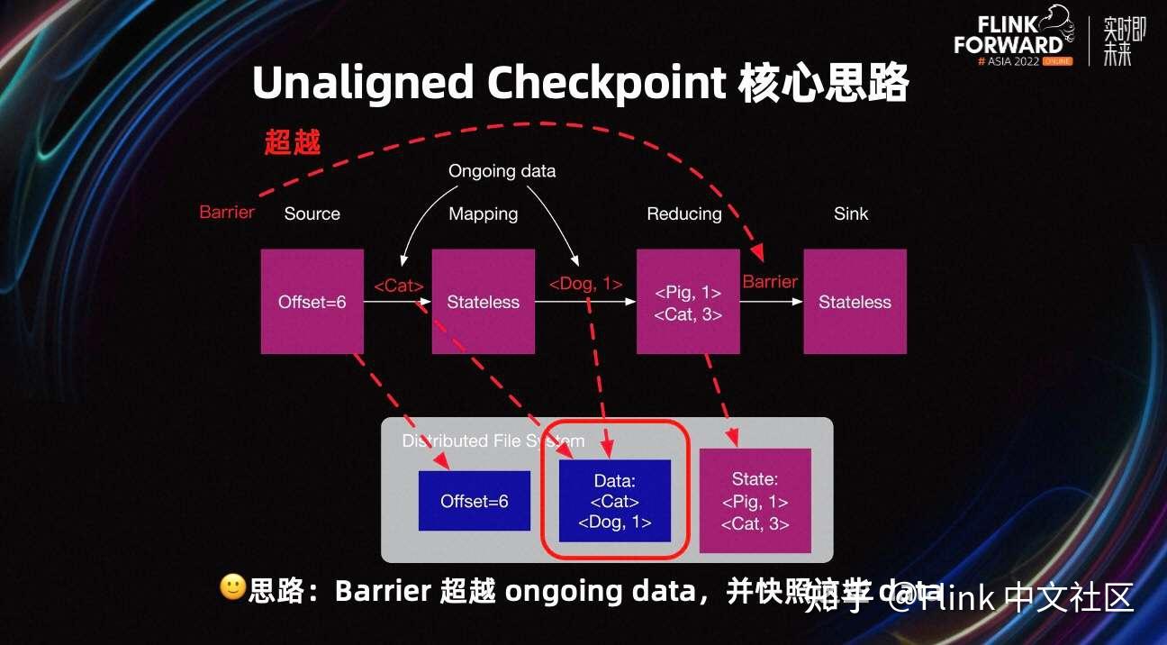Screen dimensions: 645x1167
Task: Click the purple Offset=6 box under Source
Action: click(x=312, y=302)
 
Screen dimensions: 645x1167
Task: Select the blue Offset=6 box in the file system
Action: click(x=474, y=501)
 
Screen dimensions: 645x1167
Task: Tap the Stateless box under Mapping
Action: click(x=483, y=302)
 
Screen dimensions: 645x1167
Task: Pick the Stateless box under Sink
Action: click(x=855, y=302)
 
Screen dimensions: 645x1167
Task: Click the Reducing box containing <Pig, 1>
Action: click(x=688, y=302)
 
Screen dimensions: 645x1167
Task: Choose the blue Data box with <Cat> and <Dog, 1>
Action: click(x=615, y=501)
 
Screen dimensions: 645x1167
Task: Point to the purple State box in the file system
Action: click(x=755, y=501)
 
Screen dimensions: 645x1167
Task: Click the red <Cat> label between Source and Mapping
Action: click(x=398, y=286)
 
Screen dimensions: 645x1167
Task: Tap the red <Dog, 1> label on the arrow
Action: click(x=585, y=284)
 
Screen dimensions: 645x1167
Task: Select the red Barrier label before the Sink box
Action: click(x=770, y=282)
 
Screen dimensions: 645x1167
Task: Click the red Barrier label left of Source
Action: click(x=227, y=213)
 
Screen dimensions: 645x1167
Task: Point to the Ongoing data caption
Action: click(x=502, y=171)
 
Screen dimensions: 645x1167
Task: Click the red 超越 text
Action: click(x=293, y=142)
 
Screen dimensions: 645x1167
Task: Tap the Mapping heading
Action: click(x=483, y=213)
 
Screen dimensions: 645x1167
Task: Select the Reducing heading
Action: click(x=684, y=213)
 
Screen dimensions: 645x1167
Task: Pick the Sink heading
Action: click(x=851, y=213)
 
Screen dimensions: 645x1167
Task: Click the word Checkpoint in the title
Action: click(x=606, y=84)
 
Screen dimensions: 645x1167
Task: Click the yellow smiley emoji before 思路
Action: click(x=232, y=588)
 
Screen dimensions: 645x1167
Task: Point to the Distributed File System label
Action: click(x=493, y=441)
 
